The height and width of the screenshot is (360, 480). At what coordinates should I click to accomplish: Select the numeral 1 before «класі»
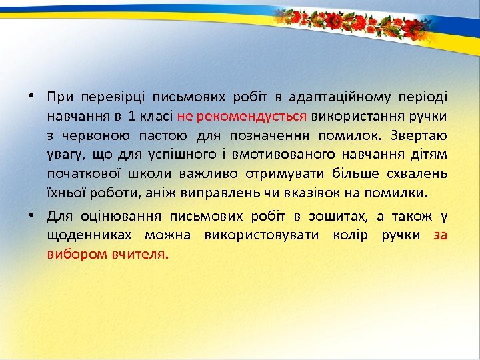tap(133, 117)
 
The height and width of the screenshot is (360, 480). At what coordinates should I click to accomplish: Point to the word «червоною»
tap(92, 136)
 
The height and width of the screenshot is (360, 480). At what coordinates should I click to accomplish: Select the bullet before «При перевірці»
tap(31, 97)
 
